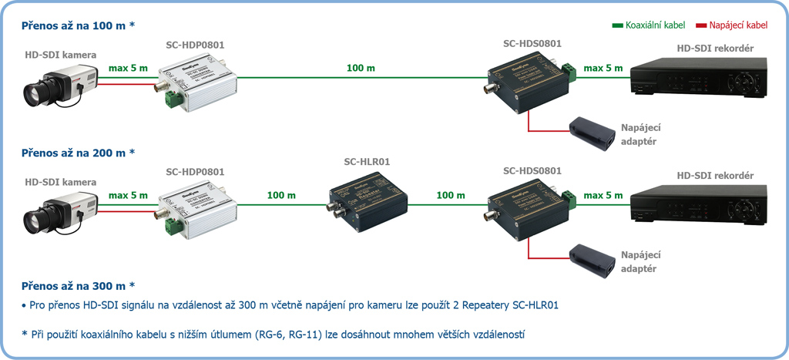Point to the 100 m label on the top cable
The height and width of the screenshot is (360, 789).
360,69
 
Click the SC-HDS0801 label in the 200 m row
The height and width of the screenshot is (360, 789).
532,170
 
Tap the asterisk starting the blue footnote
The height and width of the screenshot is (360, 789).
25,333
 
